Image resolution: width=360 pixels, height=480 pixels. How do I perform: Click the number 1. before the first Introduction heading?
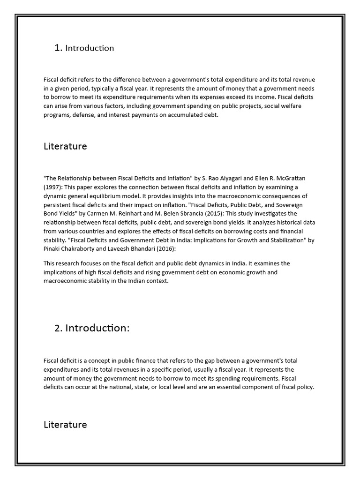tap(59, 48)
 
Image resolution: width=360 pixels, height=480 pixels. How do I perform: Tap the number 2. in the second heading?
tap(59, 328)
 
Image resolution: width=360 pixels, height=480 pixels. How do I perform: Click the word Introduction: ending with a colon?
tap(97, 328)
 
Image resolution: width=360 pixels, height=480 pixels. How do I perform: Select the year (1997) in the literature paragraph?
tap(52, 187)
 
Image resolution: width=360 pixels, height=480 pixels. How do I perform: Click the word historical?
tap(254, 223)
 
